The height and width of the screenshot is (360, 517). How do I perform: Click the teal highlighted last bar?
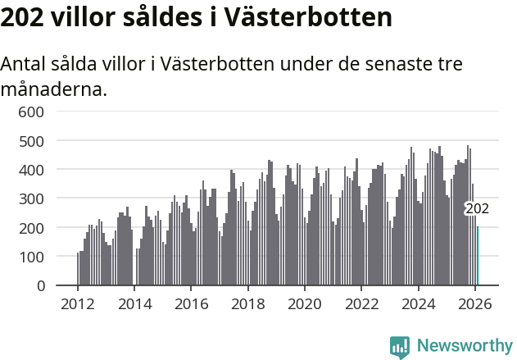(x=478, y=256)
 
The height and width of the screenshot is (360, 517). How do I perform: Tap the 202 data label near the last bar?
(x=477, y=209)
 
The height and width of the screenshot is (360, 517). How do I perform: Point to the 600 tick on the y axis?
(x=31, y=112)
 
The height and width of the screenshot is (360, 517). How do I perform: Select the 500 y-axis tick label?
(x=31, y=140)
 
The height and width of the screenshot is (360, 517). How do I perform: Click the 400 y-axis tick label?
(x=31, y=170)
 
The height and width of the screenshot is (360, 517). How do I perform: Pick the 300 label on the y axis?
(x=31, y=198)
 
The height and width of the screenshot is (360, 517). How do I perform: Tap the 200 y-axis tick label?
(x=31, y=227)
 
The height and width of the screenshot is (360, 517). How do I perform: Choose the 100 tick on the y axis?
(x=31, y=257)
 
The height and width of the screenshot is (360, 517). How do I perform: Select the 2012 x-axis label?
(x=78, y=303)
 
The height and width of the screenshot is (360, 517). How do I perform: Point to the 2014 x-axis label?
(x=134, y=303)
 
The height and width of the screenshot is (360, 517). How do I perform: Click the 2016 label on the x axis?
(x=191, y=303)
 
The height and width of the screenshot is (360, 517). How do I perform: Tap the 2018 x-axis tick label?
(x=247, y=303)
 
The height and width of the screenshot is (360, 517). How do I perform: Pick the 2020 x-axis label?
(x=305, y=303)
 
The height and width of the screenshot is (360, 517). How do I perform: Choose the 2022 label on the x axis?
(x=361, y=303)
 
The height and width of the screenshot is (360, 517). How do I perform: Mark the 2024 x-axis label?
(x=418, y=303)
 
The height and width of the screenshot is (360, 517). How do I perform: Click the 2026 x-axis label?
(x=474, y=303)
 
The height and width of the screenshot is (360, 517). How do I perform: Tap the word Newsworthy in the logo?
(x=465, y=346)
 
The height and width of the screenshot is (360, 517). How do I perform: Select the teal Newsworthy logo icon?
(x=400, y=347)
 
